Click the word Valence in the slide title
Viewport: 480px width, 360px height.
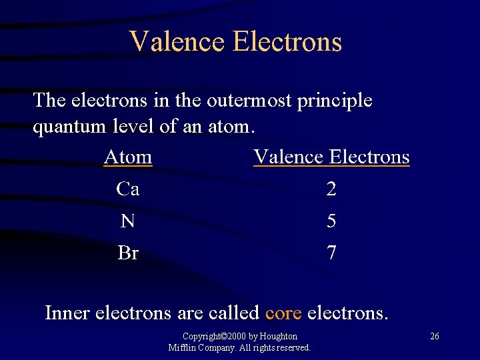pyautogui.click(x=177, y=41)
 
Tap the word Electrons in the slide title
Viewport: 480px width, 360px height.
pyautogui.click(x=287, y=41)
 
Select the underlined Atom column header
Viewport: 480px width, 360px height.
pyautogui.click(x=128, y=157)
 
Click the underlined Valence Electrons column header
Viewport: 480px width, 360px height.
pyautogui.click(x=331, y=157)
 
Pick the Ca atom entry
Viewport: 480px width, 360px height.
pyautogui.click(x=127, y=189)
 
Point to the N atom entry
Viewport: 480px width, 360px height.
pyautogui.click(x=127, y=221)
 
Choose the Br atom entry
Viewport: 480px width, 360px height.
pyautogui.click(x=128, y=253)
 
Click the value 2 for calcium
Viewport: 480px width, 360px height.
pyautogui.click(x=331, y=190)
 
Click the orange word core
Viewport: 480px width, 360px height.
pyautogui.click(x=283, y=312)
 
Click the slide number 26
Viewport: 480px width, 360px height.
pyautogui.click(x=434, y=336)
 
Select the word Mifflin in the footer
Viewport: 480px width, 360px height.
pyautogui.click(x=182, y=347)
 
